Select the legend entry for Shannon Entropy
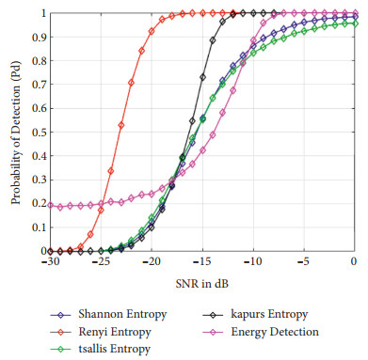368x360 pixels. pos(95,306)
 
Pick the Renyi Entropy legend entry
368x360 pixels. pos(89,323)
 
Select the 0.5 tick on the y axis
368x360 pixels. pos(36,133)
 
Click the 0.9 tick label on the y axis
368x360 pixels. pos(36,38)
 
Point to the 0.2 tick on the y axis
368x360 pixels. pos(36,204)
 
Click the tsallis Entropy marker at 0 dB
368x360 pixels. pos(354,23)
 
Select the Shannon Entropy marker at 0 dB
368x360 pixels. pos(354,16)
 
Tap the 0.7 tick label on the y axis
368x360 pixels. pos(36,86)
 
